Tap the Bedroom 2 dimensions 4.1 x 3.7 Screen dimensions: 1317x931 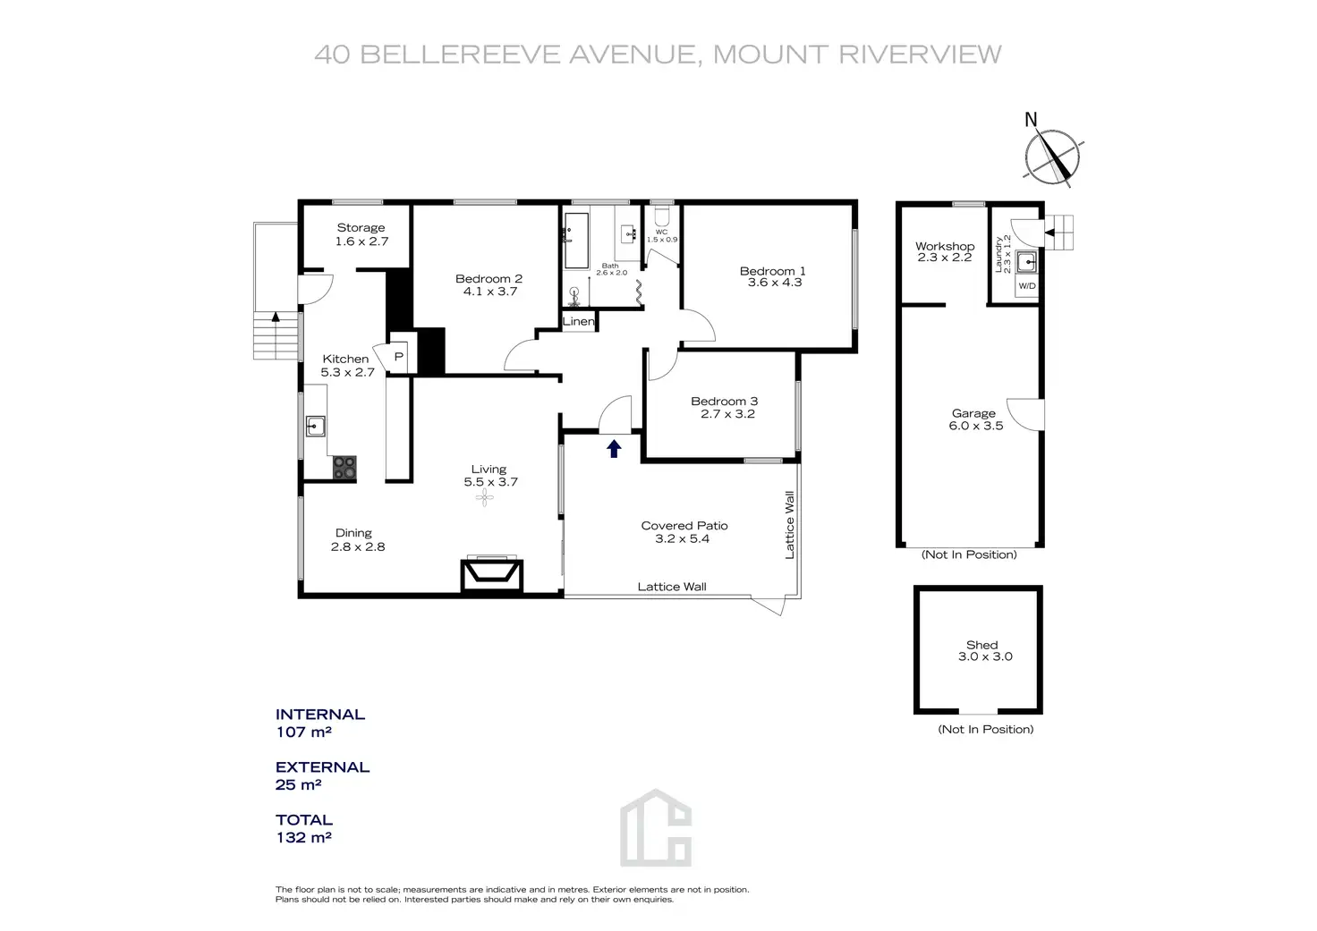tap(489, 291)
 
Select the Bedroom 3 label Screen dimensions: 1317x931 tap(724, 402)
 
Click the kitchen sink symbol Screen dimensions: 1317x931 tap(315, 425)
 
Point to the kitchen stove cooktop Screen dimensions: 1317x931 tap(344, 468)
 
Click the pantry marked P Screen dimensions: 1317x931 tap(399, 357)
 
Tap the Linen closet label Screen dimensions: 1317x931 tap(578, 321)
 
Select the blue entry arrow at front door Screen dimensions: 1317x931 tap(614, 448)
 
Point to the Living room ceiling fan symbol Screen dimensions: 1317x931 tap(484, 498)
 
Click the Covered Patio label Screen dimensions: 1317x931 tap(684, 526)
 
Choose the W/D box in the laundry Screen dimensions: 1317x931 tap(1026, 286)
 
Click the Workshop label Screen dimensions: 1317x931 tap(945, 246)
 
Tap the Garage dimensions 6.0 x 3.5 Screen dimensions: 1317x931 tap(975, 426)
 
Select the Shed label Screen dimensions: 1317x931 tap(981, 645)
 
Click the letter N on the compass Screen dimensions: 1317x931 tap(1031, 120)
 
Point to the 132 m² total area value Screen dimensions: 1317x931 tap(303, 838)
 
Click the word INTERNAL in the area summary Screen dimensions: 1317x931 tap(319, 715)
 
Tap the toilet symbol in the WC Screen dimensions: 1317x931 tap(662, 217)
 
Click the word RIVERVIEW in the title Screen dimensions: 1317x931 tap(920, 55)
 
